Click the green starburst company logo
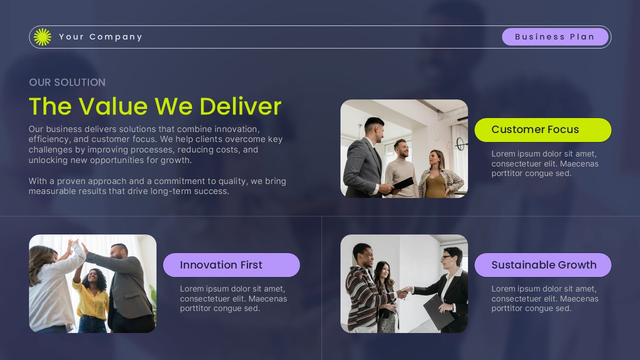point(42,37)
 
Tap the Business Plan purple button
point(555,37)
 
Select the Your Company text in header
point(100,37)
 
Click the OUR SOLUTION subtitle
point(67,82)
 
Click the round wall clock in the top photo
point(461,144)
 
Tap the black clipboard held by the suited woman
point(438,311)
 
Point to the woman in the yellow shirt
point(92,295)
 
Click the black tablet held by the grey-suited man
point(403,183)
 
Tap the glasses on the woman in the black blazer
point(447,257)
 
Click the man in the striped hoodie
point(363,287)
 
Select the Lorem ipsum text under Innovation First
point(233,298)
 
